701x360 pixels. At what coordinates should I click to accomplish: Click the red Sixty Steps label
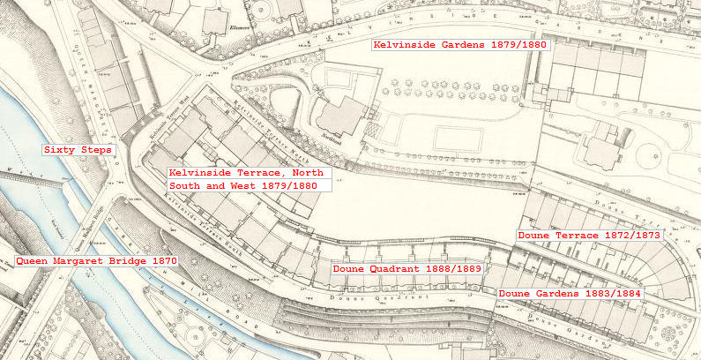point(78,150)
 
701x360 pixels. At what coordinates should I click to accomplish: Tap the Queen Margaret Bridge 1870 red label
point(97,261)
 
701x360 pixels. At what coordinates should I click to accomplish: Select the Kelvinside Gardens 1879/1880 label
point(460,45)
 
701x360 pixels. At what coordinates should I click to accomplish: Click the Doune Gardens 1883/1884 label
point(570,293)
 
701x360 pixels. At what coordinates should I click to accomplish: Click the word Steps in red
point(95,150)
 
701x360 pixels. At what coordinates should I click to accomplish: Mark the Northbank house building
point(342,115)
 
